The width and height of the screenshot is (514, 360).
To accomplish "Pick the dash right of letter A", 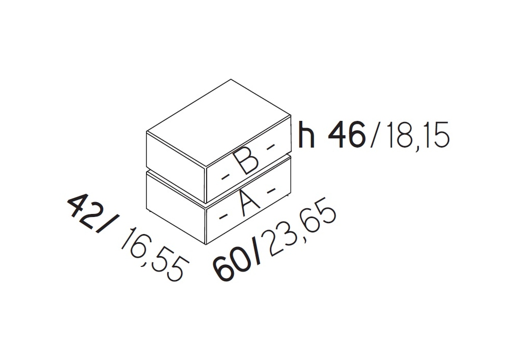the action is (x=271, y=189).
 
